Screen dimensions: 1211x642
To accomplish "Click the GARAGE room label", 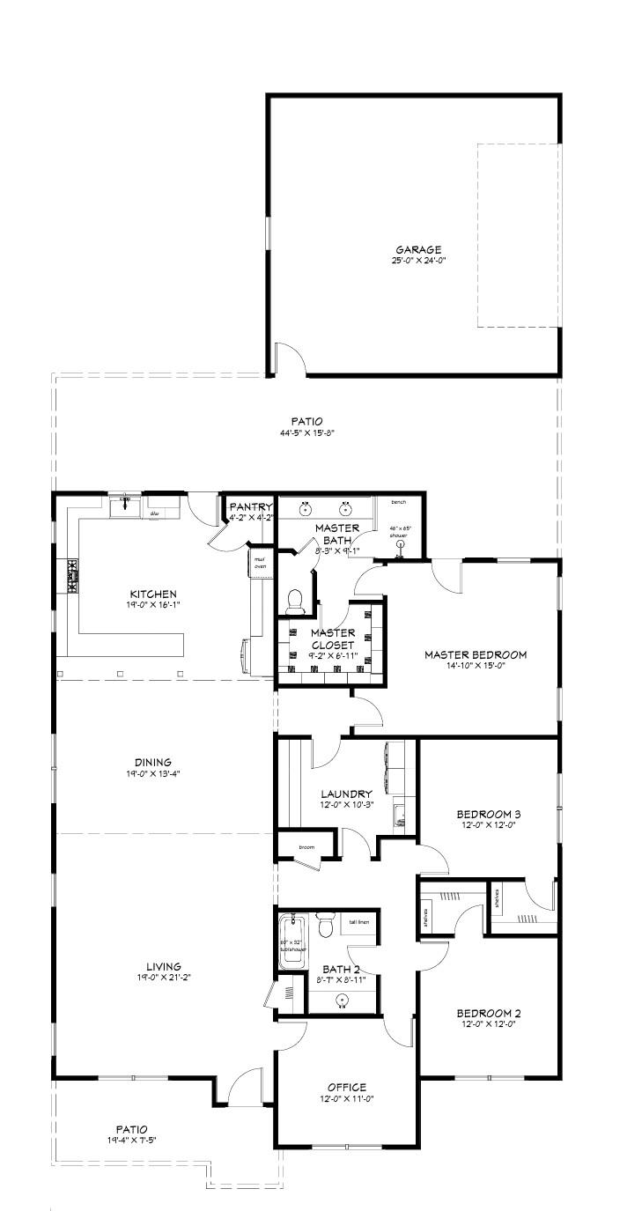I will coord(418,249).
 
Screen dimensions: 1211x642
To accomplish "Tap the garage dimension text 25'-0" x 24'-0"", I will coord(418,261).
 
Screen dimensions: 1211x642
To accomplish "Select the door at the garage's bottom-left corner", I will coord(288,362).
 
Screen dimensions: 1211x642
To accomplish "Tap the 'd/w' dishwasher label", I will coord(154,512).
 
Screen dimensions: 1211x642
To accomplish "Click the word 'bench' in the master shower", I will coord(399,502).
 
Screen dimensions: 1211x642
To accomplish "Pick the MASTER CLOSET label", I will coord(333,639).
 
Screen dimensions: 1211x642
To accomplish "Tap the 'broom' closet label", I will coord(306,847).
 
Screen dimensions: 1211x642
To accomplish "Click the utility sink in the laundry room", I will coord(399,815).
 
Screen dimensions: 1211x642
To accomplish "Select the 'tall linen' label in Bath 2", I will coord(359,922).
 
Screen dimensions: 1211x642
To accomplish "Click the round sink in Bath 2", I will coord(343,1000).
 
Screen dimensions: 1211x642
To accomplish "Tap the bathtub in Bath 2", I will coord(291,942).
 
